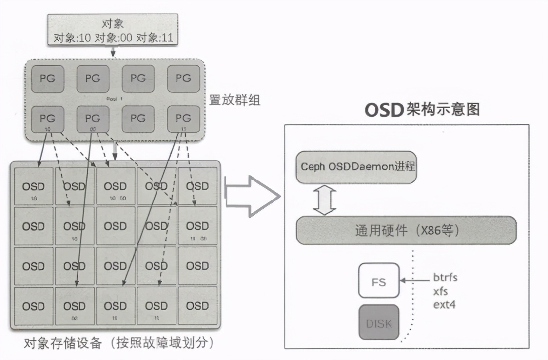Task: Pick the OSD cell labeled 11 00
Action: point(197,229)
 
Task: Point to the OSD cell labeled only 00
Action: point(75,309)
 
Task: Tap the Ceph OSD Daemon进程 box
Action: point(357,167)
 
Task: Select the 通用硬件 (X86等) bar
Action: point(406,230)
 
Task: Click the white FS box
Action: point(379,281)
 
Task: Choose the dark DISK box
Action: point(379,323)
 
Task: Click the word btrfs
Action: point(445,278)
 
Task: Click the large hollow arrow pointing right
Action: point(252,196)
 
